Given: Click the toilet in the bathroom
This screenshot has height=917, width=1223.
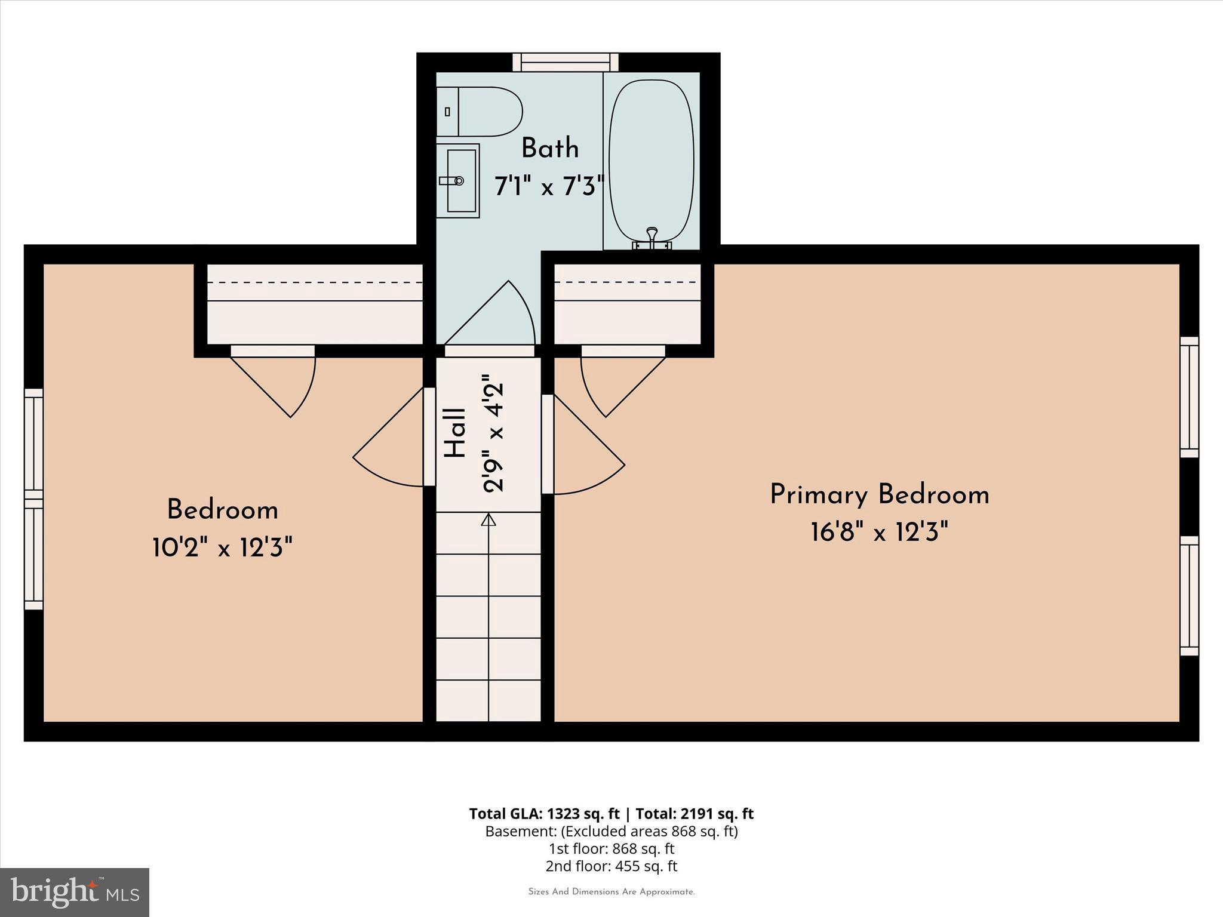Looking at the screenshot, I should (x=481, y=112).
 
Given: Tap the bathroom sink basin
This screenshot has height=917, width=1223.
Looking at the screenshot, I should (x=462, y=180).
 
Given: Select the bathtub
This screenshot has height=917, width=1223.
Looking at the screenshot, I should (x=651, y=160).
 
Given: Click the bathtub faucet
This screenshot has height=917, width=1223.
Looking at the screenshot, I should (x=652, y=236).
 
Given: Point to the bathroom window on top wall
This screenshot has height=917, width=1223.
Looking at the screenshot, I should (x=565, y=62).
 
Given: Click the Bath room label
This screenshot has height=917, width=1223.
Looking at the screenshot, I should (x=550, y=149).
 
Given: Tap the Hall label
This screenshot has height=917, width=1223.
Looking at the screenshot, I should (x=456, y=433).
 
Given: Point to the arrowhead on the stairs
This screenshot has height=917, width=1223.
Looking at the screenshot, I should (x=488, y=520).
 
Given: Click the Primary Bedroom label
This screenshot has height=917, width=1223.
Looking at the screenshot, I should (x=879, y=495).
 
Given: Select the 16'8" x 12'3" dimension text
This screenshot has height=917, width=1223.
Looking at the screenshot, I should (x=879, y=531).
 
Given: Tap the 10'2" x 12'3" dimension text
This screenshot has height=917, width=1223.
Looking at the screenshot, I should (x=222, y=547).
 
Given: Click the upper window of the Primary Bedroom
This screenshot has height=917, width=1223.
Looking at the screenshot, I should (x=1189, y=397).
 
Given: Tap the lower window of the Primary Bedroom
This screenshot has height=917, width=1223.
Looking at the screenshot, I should (x=1189, y=596).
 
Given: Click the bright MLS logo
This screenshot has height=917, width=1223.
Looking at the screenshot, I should (x=75, y=892).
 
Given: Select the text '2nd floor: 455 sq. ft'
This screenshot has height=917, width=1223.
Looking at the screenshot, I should (x=611, y=866).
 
